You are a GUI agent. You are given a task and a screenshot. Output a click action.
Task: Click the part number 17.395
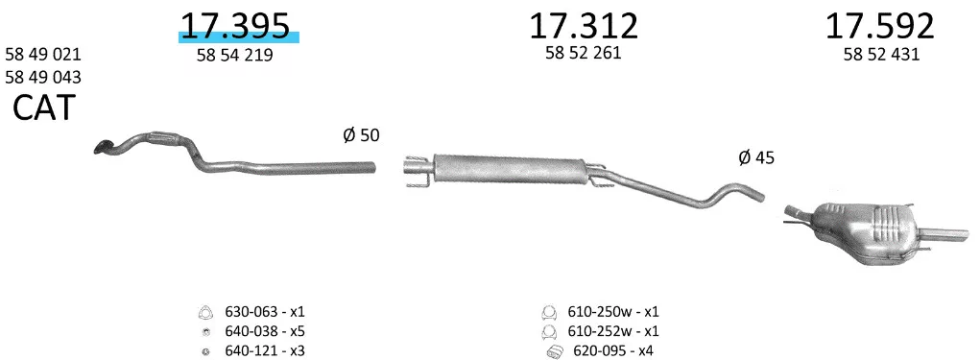[235, 26]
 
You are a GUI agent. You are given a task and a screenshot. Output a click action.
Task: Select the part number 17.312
[584, 26]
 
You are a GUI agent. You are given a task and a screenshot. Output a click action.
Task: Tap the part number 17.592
[880, 26]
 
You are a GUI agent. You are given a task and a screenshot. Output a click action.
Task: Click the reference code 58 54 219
[235, 56]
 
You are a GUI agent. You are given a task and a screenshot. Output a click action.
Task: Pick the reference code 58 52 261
[584, 53]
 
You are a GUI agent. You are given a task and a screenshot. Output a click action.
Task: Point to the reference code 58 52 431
[881, 55]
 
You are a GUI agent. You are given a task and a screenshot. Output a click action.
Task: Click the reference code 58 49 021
[43, 55]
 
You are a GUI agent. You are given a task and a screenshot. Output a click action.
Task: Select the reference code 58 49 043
[43, 78]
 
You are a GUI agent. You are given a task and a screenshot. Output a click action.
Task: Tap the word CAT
[44, 108]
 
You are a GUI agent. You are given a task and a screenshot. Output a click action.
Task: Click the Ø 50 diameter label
[361, 134]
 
